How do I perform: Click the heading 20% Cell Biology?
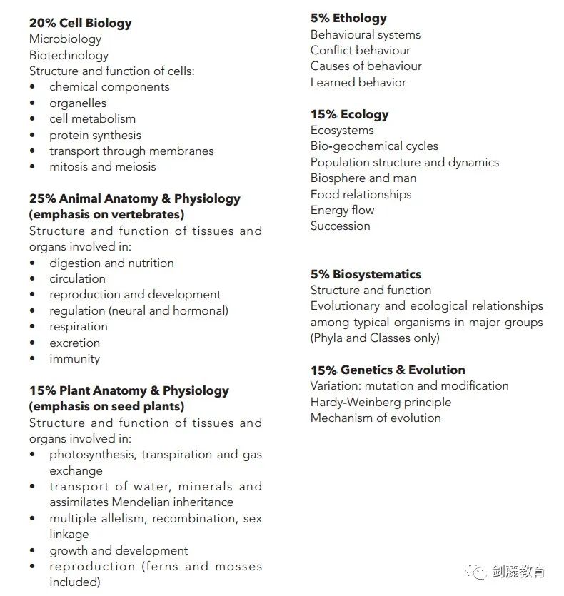point(80,23)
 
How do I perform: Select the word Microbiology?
point(65,39)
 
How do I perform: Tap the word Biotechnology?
point(69,55)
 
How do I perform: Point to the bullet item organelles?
point(77,103)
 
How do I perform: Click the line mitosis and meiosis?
point(102,166)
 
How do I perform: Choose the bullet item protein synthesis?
point(95,135)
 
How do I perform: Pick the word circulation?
point(77,278)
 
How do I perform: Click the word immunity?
point(74,358)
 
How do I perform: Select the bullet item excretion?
point(74,343)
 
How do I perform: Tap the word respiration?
point(78,326)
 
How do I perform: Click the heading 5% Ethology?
point(348,18)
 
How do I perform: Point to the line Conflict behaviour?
point(360,50)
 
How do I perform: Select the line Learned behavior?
point(358,82)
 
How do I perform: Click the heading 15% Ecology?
point(349,114)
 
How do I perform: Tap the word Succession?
point(340,226)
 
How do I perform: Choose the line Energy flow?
point(342,210)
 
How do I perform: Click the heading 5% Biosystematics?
point(366,274)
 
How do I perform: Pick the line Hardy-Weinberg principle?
point(381,402)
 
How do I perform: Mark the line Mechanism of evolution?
point(376,418)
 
